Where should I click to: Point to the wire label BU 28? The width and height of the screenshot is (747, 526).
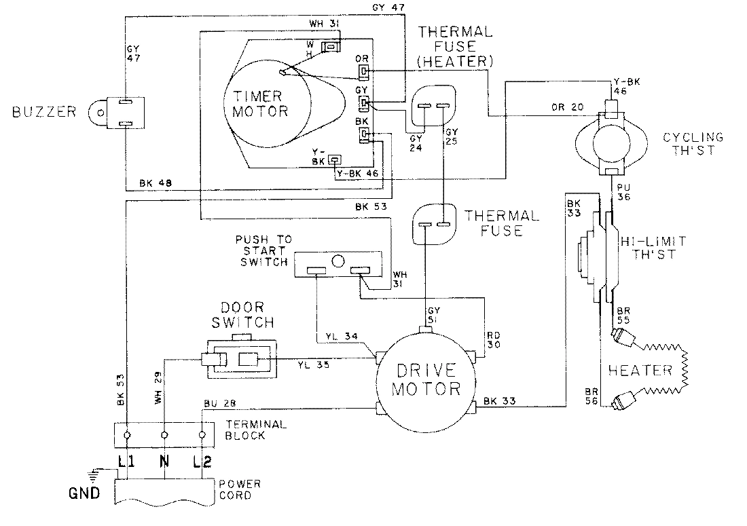tap(217, 403)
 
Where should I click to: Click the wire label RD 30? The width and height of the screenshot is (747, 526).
tap(494, 340)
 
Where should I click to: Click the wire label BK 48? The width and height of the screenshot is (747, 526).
tap(150, 183)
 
